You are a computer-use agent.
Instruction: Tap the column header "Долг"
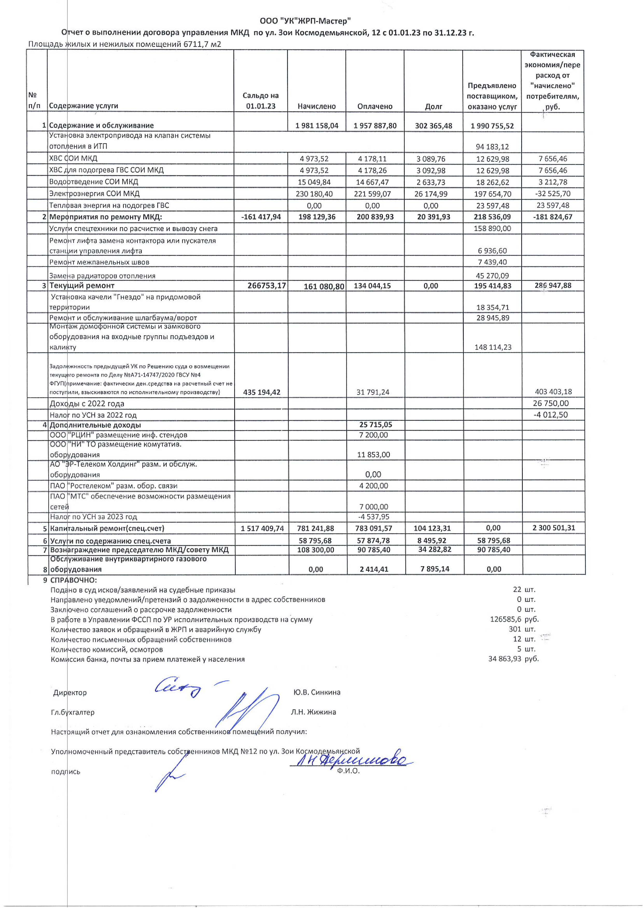(x=433, y=106)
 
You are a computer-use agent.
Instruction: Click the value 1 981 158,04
(x=317, y=126)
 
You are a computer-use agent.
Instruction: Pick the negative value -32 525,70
(x=553, y=194)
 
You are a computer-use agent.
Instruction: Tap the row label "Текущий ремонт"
(x=82, y=286)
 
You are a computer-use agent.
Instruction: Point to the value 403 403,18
(x=553, y=392)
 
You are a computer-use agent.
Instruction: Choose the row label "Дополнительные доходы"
(x=95, y=425)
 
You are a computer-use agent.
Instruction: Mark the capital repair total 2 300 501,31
(x=553, y=528)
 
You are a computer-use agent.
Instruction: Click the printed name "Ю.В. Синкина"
(x=317, y=692)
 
